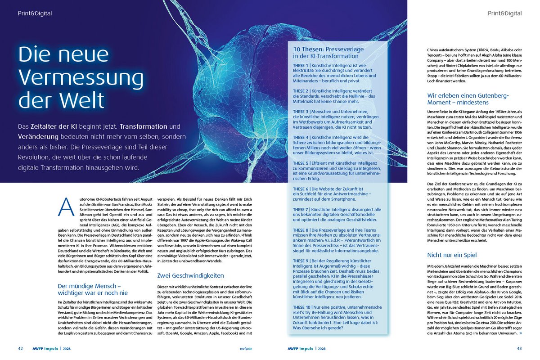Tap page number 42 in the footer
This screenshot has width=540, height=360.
[21, 348]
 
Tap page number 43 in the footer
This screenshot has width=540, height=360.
[519, 348]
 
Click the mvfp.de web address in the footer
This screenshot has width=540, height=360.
[246, 348]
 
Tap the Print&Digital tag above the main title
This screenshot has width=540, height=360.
[35, 13]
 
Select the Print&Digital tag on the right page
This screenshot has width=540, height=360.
[505, 13]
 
